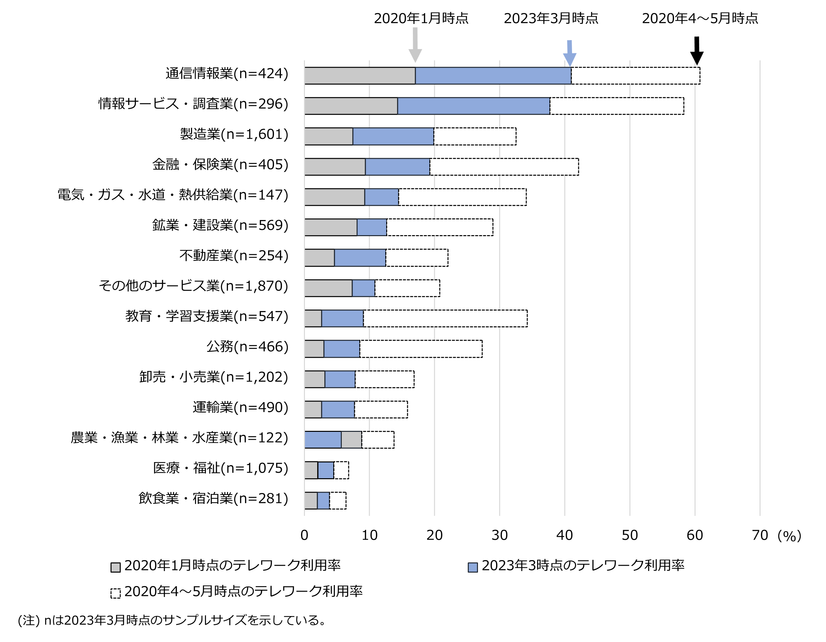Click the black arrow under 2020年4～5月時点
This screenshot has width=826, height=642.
[697, 51]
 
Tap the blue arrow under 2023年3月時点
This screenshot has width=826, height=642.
[569, 53]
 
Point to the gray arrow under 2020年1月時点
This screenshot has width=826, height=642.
[415, 45]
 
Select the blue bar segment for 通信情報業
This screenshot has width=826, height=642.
[493, 76]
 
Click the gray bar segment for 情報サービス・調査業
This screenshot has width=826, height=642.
[351, 106]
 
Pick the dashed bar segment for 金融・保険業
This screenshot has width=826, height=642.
[504, 167]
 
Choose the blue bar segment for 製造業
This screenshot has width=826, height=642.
[393, 136]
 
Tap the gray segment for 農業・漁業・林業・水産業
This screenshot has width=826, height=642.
[351, 440]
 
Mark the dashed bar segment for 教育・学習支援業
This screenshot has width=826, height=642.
[445, 318]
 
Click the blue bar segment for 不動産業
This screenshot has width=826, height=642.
[360, 258]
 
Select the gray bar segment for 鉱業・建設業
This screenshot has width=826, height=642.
[331, 227]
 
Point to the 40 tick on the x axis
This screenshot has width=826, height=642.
[565, 535]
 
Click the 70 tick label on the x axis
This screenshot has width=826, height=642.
[760, 535]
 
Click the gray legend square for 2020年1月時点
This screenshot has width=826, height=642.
[115, 567]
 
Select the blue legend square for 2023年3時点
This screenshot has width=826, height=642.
[473, 567]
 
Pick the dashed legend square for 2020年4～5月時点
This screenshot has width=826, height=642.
[115, 593]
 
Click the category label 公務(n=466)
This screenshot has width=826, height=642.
[247, 347]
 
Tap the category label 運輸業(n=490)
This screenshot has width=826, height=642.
[240, 407]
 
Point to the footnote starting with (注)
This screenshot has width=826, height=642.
[172, 620]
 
